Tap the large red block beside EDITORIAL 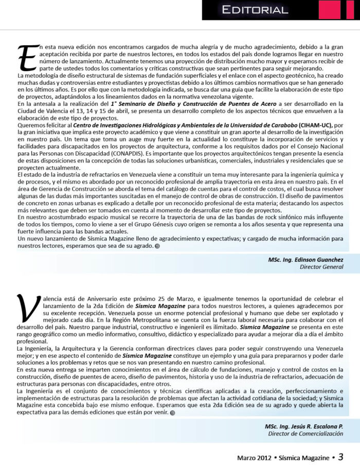coord(329,10)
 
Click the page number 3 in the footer coord(341,457)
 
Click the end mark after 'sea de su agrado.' coord(157,246)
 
